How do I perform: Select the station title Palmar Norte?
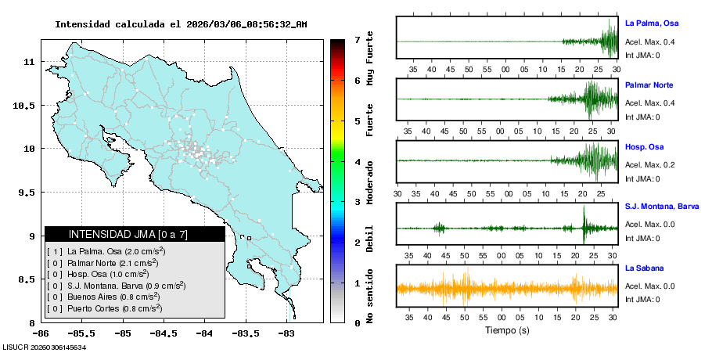649,85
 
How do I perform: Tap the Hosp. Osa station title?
644,146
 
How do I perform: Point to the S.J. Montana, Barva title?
662,207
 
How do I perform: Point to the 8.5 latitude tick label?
26,279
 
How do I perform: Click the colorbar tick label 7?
357,39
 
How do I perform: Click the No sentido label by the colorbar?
370,298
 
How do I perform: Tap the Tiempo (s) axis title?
507,330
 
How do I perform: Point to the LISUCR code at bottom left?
45,347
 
